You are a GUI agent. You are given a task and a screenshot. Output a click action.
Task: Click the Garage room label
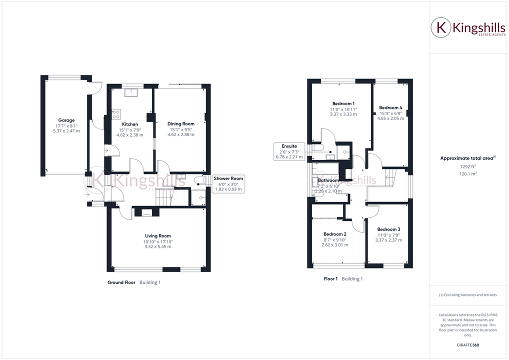(x=66, y=120)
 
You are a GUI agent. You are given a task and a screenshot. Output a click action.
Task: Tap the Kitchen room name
(x=130, y=124)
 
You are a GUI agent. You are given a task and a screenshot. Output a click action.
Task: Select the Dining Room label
(x=181, y=124)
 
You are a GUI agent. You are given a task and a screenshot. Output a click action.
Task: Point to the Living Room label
(x=158, y=236)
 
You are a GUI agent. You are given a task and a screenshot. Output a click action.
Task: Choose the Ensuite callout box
(x=287, y=151)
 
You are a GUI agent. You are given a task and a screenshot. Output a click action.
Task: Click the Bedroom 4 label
(x=390, y=107)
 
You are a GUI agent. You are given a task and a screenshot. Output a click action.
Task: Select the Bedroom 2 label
(x=335, y=234)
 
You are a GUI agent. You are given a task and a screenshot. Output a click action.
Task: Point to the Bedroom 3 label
(x=388, y=229)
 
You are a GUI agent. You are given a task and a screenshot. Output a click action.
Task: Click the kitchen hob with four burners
(x=116, y=114)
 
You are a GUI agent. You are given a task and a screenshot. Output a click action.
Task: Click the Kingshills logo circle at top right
(x=440, y=27)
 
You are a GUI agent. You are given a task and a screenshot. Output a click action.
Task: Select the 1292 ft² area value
(x=467, y=166)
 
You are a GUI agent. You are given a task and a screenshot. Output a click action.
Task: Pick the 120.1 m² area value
(x=467, y=173)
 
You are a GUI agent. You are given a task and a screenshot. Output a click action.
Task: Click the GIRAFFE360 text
(x=467, y=345)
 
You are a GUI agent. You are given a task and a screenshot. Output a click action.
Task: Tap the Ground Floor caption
(x=121, y=282)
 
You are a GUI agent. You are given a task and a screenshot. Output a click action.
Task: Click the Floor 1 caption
(x=330, y=279)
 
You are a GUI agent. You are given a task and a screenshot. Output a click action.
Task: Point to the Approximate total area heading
(x=467, y=158)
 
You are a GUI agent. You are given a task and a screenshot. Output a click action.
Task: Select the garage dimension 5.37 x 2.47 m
(x=66, y=131)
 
